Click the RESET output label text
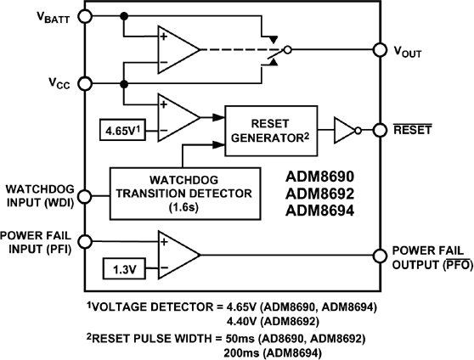411,130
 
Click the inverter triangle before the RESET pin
343,130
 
